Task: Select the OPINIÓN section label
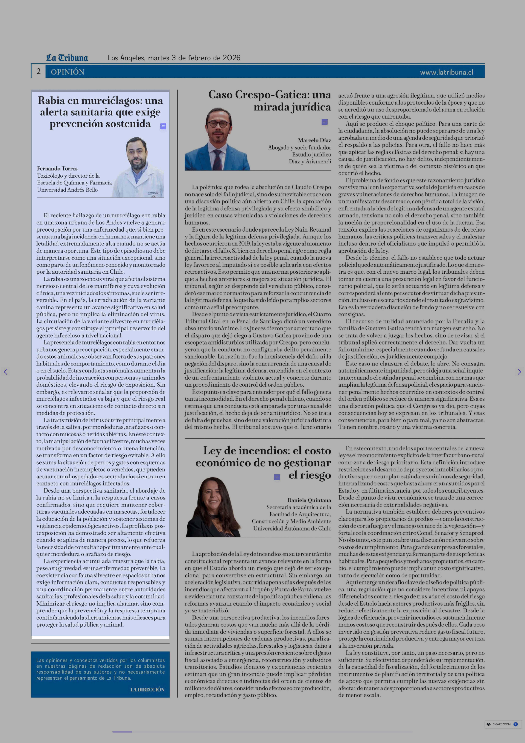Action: coord(68,72)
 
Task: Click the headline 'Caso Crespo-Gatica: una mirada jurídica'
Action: coord(270,101)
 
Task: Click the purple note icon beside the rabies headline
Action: coord(163,126)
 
